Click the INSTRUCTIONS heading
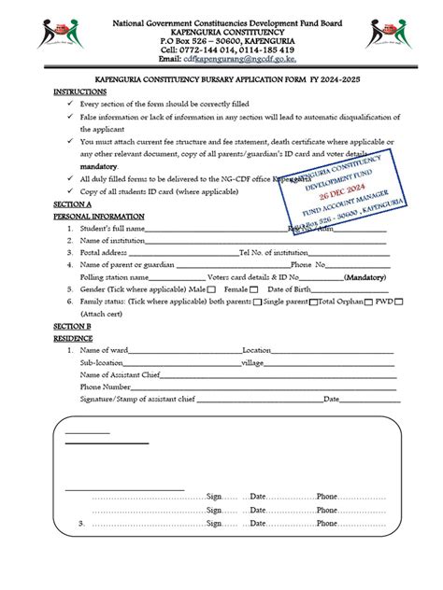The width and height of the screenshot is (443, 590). click(x=81, y=93)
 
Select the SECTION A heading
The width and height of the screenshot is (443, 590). click(x=72, y=203)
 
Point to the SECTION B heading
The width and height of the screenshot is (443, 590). click(x=72, y=327)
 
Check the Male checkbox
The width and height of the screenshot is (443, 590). click(x=213, y=290)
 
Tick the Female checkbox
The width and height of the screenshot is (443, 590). click(x=255, y=290)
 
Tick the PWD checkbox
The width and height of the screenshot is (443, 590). click(x=399, y=302)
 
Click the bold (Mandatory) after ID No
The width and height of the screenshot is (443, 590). click(x=365, y=277)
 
